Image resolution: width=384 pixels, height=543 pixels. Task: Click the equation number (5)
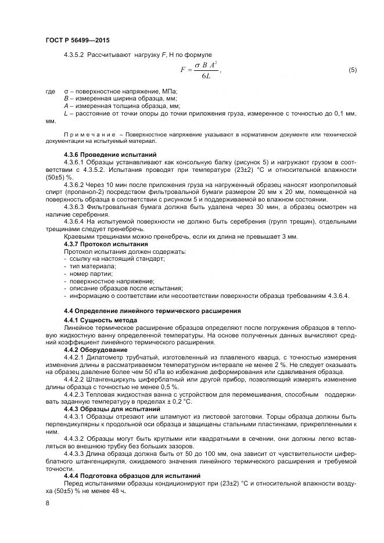tap(352, 70)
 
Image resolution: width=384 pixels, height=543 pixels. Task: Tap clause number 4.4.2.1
tap(75, 358)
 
